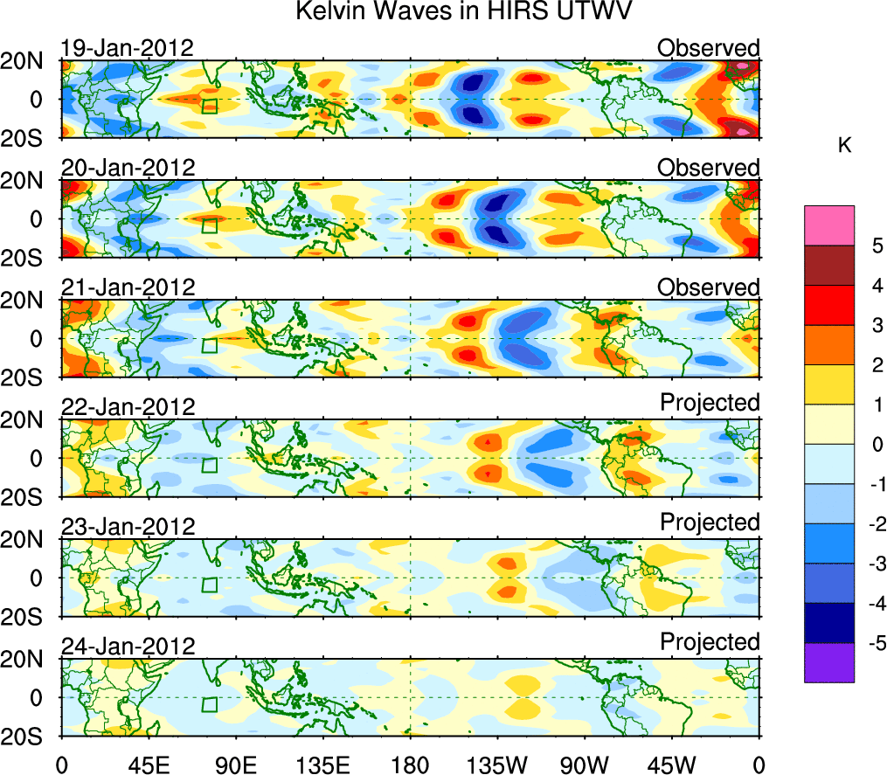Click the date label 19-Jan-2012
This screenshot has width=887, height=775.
[128, 48]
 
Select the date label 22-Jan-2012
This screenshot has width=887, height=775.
[128, 407]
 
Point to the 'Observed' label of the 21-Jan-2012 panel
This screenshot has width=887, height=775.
[709, 287]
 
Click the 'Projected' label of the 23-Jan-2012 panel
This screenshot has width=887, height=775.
[710, 522]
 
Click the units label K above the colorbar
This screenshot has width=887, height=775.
[844, 146]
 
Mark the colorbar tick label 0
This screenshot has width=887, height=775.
[874, 445]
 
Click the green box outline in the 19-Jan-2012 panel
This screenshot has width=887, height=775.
[209, 105]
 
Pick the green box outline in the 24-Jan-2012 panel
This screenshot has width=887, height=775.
[209, 703]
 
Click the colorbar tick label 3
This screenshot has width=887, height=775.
[874, 325]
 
